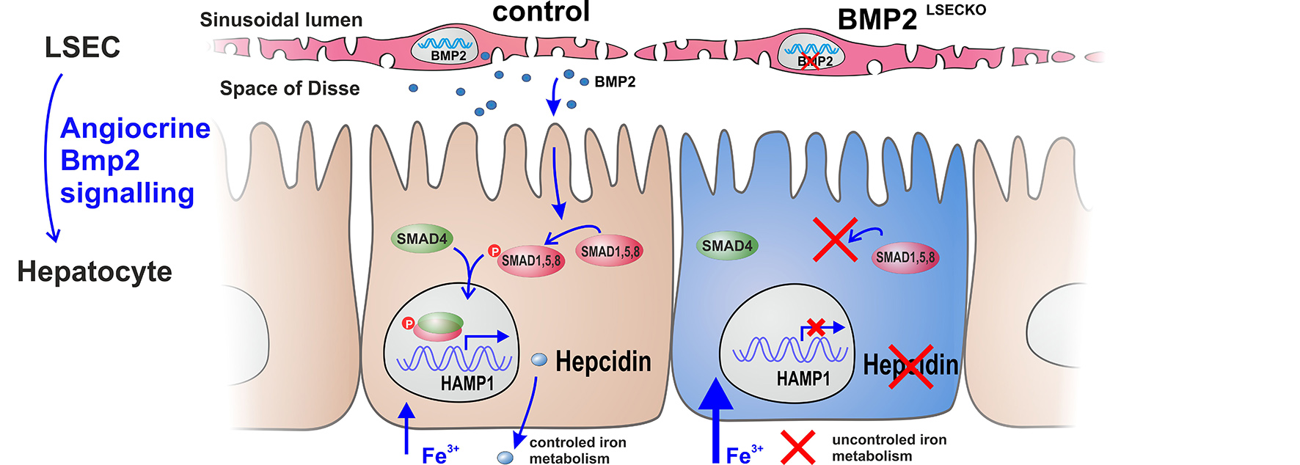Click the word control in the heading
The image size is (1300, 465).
541,12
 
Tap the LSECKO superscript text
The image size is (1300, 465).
955,10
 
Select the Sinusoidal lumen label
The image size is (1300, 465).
281,20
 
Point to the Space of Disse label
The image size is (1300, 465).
290,89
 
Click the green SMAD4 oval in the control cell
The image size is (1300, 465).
422,239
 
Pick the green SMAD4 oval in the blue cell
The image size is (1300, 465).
727,246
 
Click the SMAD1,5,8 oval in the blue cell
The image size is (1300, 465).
905,258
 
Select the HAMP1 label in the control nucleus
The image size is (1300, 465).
467,383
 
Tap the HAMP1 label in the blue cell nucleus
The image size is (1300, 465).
803,378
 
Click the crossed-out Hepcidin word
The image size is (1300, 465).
910,365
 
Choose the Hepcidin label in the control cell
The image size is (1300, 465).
603,362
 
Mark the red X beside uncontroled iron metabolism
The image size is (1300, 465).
797,447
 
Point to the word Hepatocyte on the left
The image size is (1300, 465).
95,271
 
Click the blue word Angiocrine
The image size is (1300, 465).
135,128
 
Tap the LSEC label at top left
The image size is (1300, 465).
82,48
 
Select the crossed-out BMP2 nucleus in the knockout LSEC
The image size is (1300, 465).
811,52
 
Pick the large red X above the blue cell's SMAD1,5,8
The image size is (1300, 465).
835,239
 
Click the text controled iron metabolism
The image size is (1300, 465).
577,450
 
